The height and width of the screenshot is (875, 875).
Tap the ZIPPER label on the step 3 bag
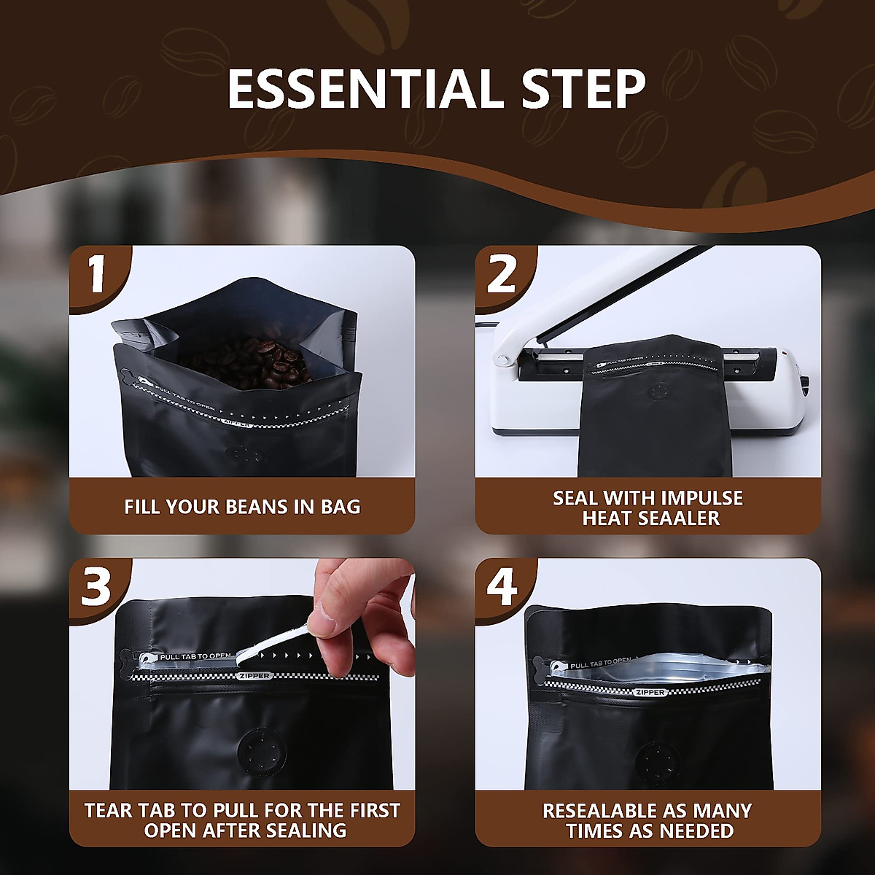point(255,676)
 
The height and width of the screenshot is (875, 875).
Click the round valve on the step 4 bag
point(658,760)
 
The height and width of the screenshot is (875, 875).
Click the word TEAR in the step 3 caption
point(107,811)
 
